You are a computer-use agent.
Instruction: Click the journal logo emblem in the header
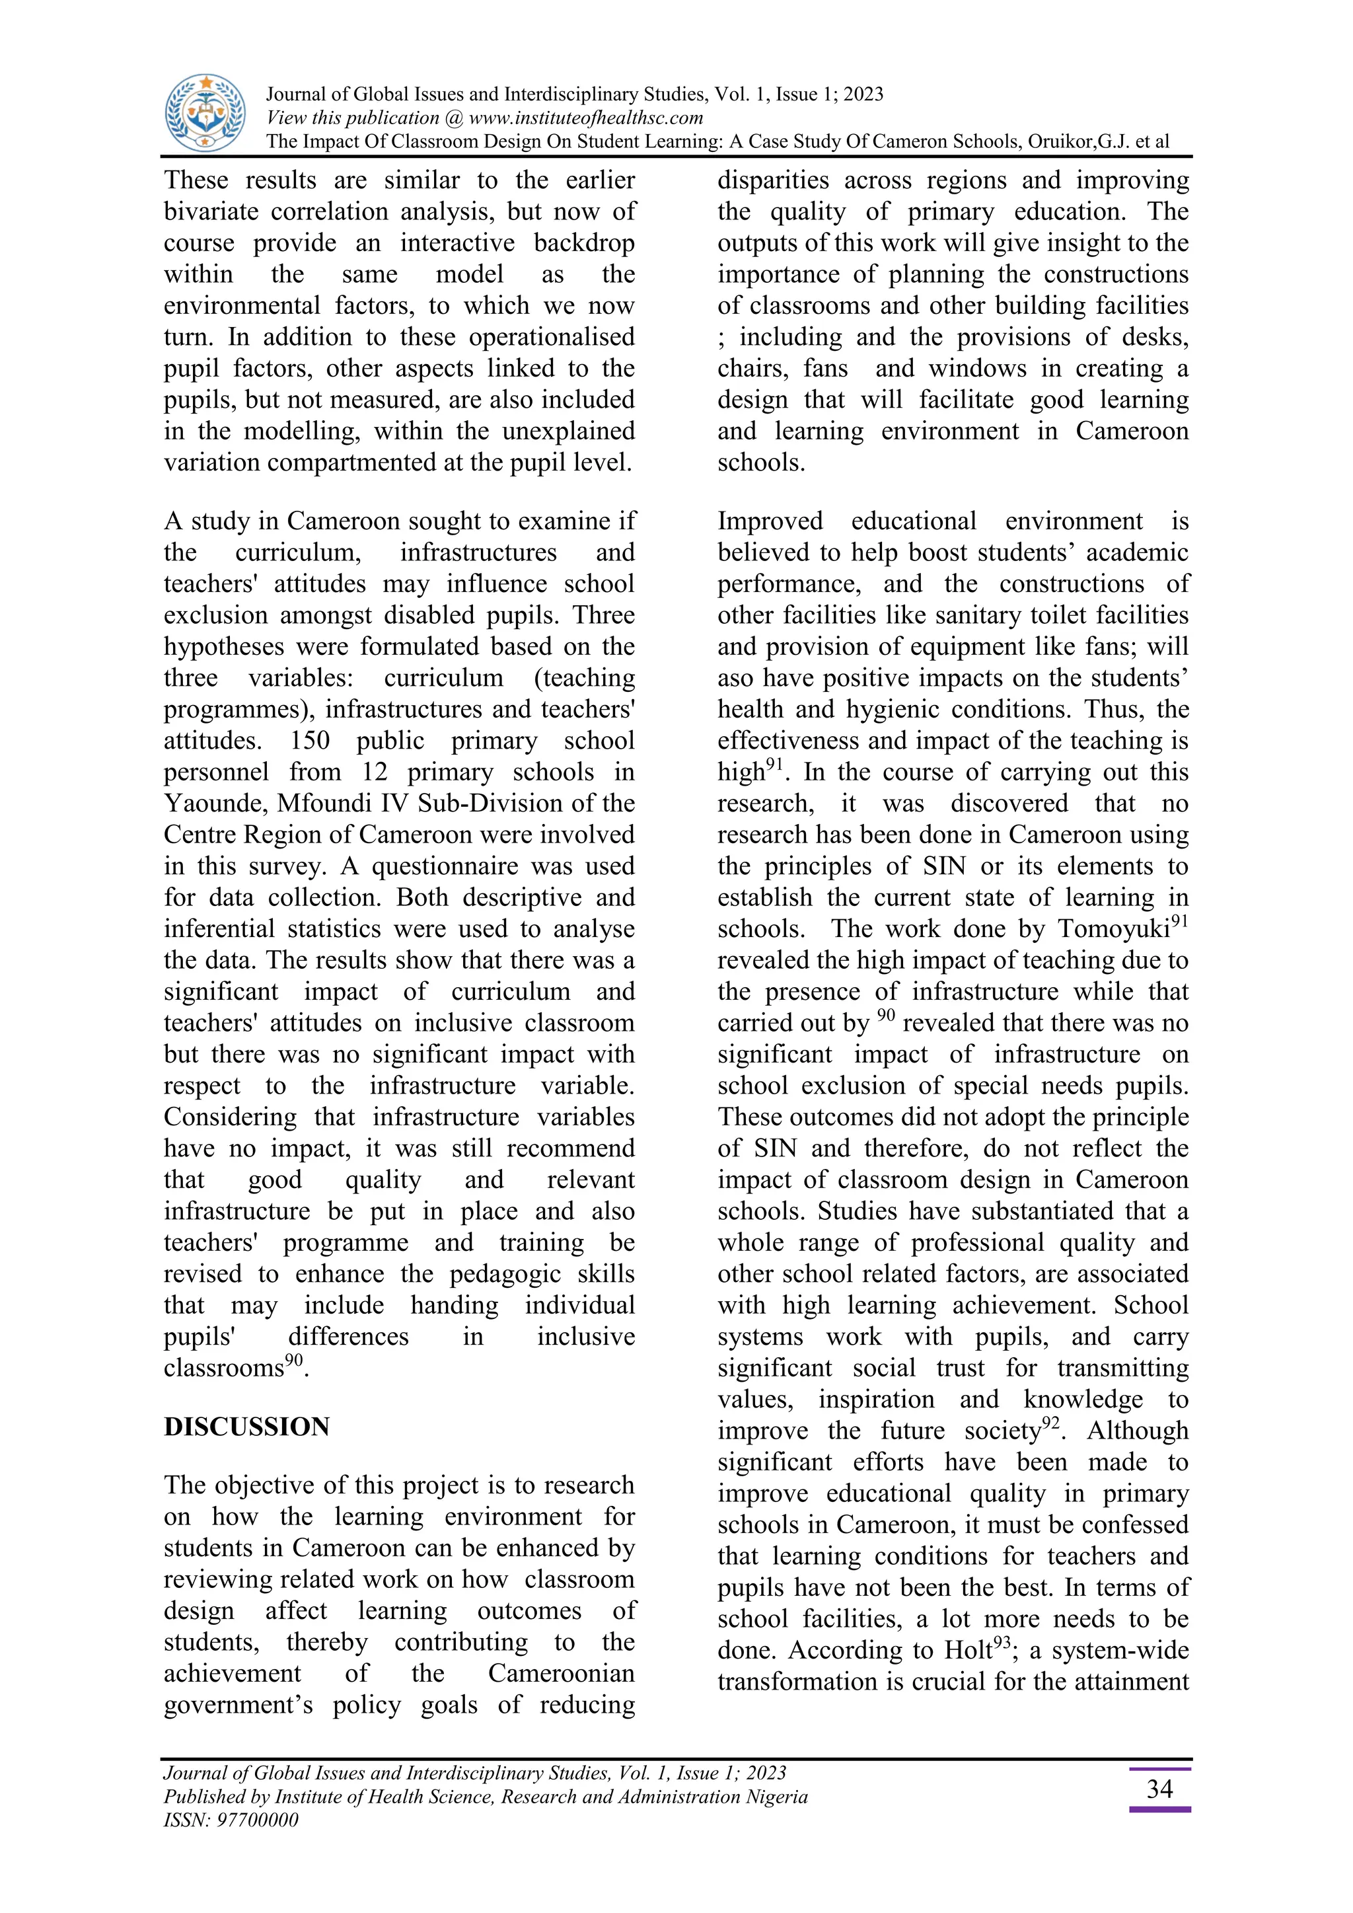205,112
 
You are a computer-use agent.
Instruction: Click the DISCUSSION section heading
246,1427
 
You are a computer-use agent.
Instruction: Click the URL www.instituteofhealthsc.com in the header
586,118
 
